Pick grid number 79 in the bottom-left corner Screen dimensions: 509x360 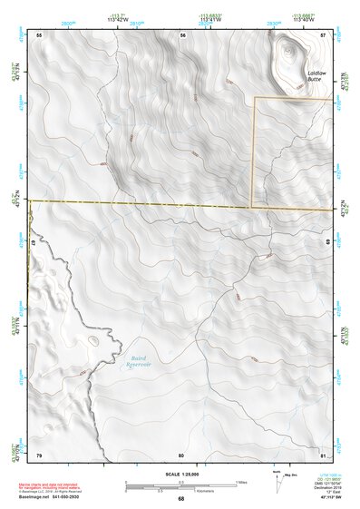39,454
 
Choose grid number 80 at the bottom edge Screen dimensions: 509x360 181,454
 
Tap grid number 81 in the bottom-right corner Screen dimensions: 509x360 324,454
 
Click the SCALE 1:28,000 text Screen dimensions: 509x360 181,475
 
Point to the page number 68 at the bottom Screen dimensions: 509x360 181,499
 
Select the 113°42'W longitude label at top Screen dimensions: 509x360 115,18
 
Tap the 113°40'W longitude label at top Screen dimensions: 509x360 305,18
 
